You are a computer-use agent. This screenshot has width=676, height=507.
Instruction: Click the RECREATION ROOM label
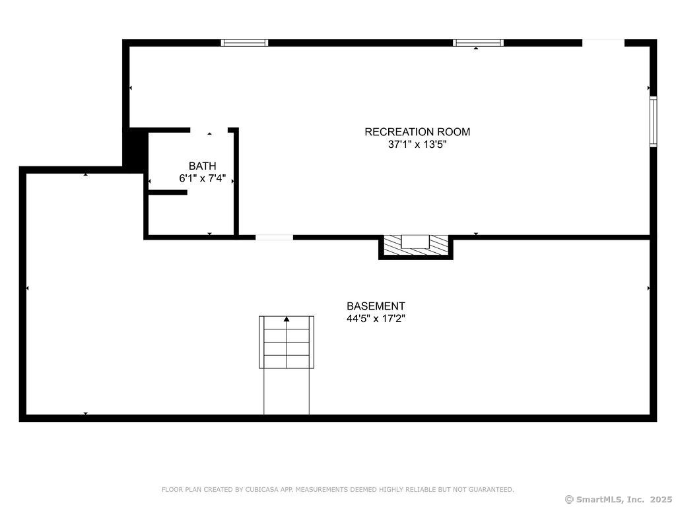click(x=417, y=131)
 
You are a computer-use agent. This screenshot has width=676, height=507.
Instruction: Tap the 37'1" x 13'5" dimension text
click(x=417, y=145)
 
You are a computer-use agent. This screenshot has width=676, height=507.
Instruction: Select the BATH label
click(x=203, y=166)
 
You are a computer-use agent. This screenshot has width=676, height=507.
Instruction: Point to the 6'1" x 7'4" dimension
click(x=203, y=178)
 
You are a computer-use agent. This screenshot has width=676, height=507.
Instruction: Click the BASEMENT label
click(x=376, y=306)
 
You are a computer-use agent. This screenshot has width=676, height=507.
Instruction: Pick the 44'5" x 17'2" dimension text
click(x=376, y=319)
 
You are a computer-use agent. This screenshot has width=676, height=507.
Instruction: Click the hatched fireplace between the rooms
click(x=416, y=246)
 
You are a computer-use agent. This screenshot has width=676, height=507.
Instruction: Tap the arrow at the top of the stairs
click(x=287, y=319)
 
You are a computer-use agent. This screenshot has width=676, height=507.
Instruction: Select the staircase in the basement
click(x=287, y=364)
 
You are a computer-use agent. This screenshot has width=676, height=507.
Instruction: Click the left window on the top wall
click(x=244, y=43)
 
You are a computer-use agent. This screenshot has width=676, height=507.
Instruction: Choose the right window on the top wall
click(x=478, y=43)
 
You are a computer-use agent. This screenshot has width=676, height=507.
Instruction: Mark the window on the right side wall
click(x=654, y=121)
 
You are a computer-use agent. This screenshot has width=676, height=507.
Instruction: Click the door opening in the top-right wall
click(x=603, y=43)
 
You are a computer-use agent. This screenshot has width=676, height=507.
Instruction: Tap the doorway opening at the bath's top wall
click(x=209, y=130)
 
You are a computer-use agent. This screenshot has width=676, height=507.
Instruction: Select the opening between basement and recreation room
click(x=274, y=237)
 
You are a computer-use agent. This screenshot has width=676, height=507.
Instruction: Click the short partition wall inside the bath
click(x=168, y=192)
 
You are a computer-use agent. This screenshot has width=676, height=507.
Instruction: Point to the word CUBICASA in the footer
click(x=261, y=489)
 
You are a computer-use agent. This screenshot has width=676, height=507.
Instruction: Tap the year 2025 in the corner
click(x=661, y=499)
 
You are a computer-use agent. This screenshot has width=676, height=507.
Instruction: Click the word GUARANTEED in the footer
click(x=491, y=489)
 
